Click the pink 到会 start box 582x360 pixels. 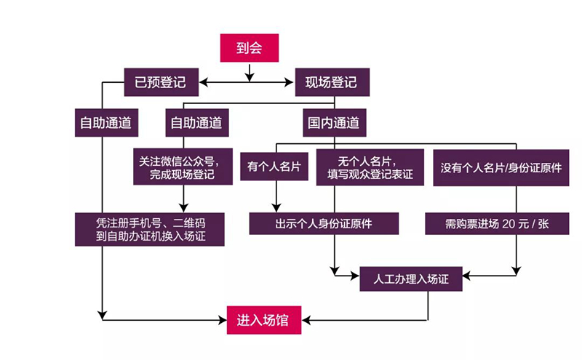coord(249,48)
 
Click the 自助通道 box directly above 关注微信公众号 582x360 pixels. coord(196,123)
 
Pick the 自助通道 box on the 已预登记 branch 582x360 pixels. coord(106,123)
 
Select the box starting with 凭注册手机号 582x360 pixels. coord(150,229)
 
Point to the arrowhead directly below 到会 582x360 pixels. coord(249,76)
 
